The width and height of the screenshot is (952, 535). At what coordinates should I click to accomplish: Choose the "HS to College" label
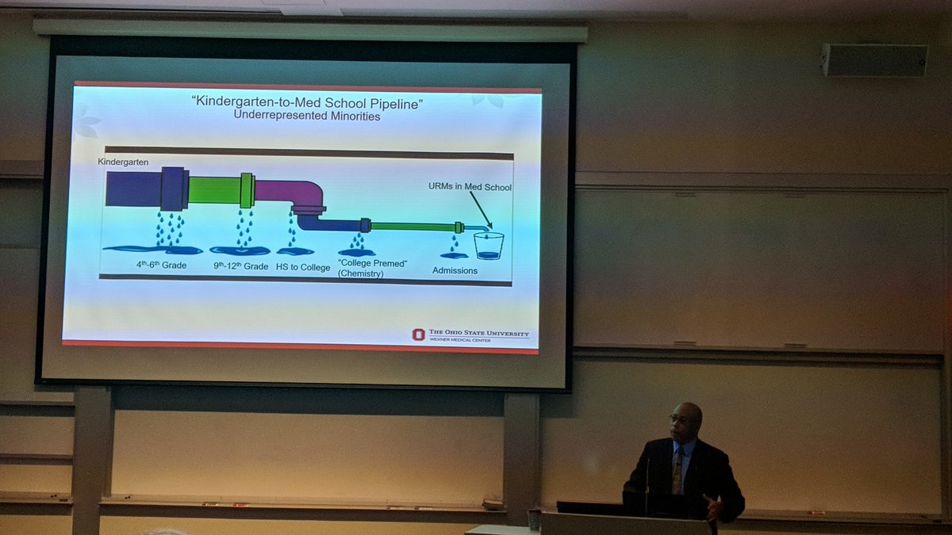[x=303, y=267]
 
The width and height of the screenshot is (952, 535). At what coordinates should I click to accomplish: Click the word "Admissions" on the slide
[x=455, y=270]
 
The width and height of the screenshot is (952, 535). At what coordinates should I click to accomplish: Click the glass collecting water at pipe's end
[x=488, y=245]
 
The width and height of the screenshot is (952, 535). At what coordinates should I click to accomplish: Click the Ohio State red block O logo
[x=418, y=334]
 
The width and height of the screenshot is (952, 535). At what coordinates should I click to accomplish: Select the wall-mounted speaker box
[x=874, y=60]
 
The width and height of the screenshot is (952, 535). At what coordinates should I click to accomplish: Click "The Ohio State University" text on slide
[x=478, y=334]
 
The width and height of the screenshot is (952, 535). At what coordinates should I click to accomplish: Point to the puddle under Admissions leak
[x=454, y=255]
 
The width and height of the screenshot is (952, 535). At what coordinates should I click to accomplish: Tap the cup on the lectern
[x=534, y=519]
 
